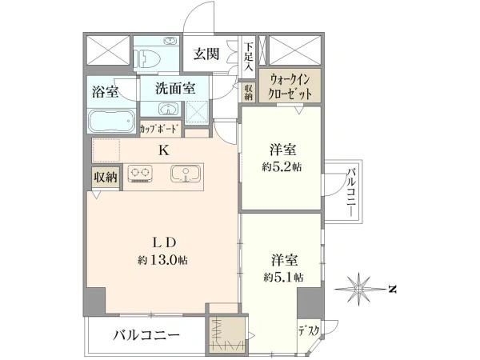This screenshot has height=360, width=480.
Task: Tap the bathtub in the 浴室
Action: (x=112, y=122)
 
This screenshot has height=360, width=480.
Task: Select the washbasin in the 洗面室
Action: (x=168, y=109)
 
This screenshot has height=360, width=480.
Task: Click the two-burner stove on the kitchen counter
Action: (x=140, y=174)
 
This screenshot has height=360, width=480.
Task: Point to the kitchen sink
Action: (x=186, y=174)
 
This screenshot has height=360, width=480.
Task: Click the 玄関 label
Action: (x=206, y=54)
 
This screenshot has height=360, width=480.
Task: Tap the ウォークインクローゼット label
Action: (x=290, y=86)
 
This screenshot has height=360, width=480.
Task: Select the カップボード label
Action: (x=158, y=129)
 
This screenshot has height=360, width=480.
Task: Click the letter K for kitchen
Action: (x=164, y=150)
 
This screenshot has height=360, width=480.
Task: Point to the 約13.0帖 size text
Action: (x=162, y=260)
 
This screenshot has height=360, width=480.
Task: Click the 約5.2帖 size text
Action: (x=282, y=167)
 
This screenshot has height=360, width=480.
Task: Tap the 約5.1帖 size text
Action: (x=283, y=278)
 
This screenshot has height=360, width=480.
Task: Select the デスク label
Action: (x=309, y=330)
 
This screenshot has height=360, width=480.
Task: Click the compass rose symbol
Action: (x=359, y=288)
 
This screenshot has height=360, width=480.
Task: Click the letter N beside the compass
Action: (x=391, y=289)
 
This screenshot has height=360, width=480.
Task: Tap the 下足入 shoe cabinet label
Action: (x=249, y=57)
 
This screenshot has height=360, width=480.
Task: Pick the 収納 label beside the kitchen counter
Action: (x=105, y=177)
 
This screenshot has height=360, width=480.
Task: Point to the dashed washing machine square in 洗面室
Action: (x=197, y=111)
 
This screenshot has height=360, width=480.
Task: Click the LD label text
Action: (x=164, y=242)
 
